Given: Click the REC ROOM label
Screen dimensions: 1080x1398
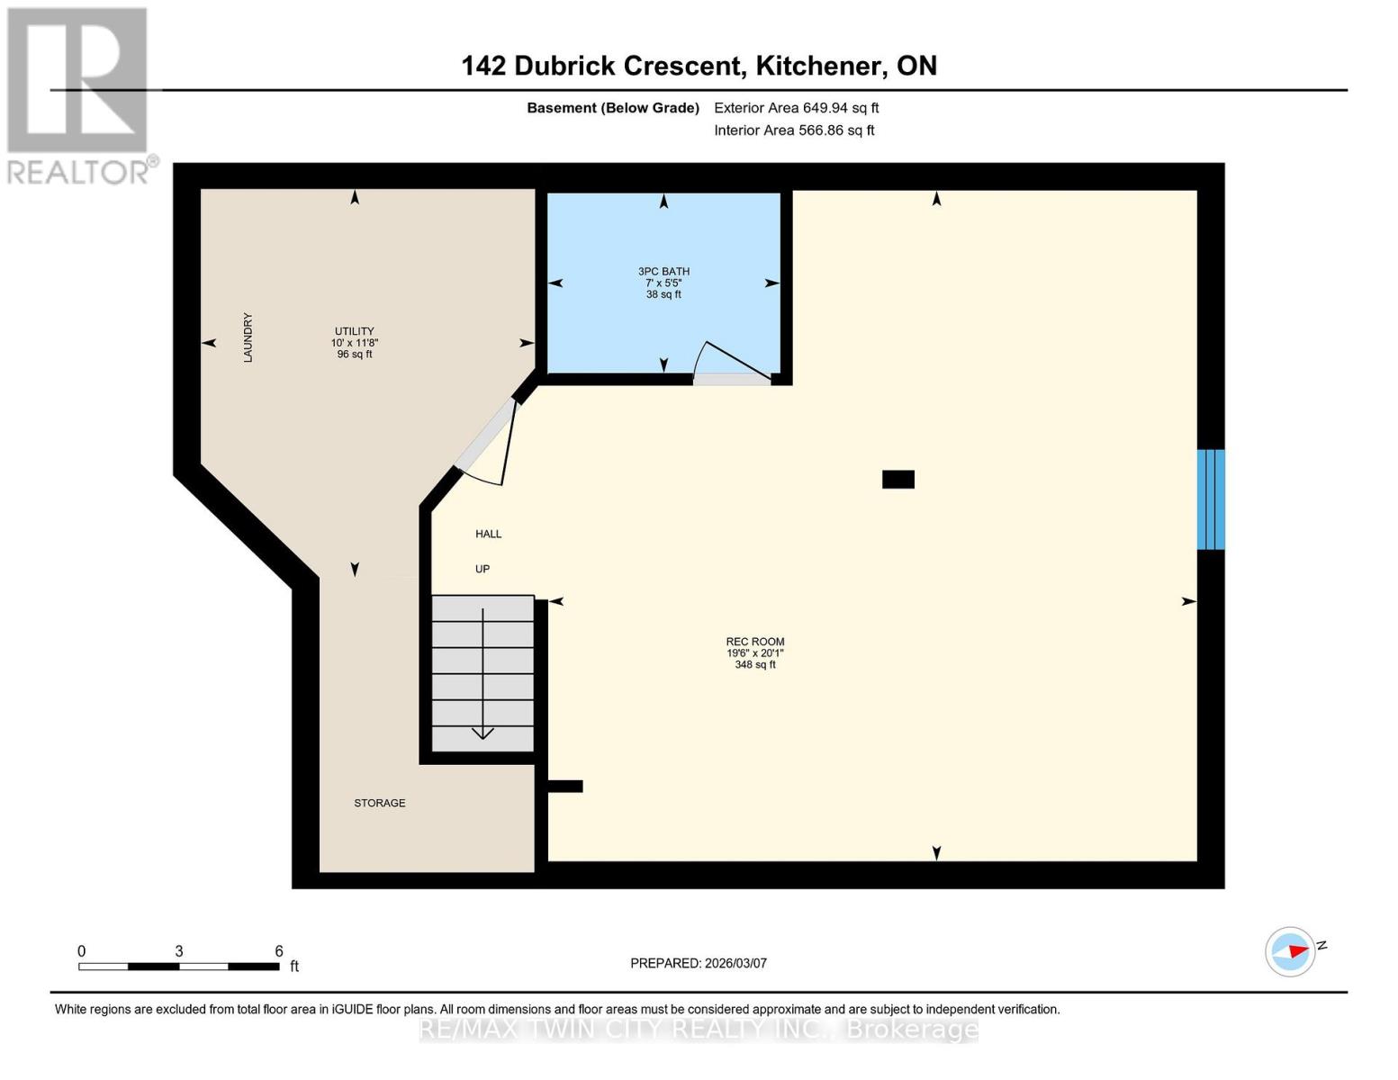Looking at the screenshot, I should pos(754,643).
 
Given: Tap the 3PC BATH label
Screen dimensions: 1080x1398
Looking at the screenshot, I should pos(663,272).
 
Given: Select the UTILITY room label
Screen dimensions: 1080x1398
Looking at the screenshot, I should pos(354,331).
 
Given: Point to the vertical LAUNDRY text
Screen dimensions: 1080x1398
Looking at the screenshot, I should pos(248,337).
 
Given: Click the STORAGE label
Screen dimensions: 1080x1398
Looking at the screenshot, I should pos(379,803).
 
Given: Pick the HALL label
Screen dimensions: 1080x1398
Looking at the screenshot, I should pos(488,534).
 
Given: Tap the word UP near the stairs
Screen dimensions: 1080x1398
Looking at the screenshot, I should pos(483,569).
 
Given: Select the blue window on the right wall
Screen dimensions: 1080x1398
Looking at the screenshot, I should pos(1210,499).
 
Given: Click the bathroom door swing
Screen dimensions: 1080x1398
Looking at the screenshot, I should pos(731,364).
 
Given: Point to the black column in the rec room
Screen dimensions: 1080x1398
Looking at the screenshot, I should pos(897,480).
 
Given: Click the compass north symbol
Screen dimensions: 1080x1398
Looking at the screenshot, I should pos(1291,951).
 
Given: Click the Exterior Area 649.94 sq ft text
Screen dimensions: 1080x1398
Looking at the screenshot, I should pos(796,108).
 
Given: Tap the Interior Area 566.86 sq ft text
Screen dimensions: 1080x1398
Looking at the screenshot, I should pos(794,130).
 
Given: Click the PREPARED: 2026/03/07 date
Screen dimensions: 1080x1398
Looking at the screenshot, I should pos(698,963).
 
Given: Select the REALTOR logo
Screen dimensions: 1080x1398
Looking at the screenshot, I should pos(79,94).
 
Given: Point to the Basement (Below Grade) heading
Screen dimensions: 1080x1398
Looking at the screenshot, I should pos(612,108).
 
